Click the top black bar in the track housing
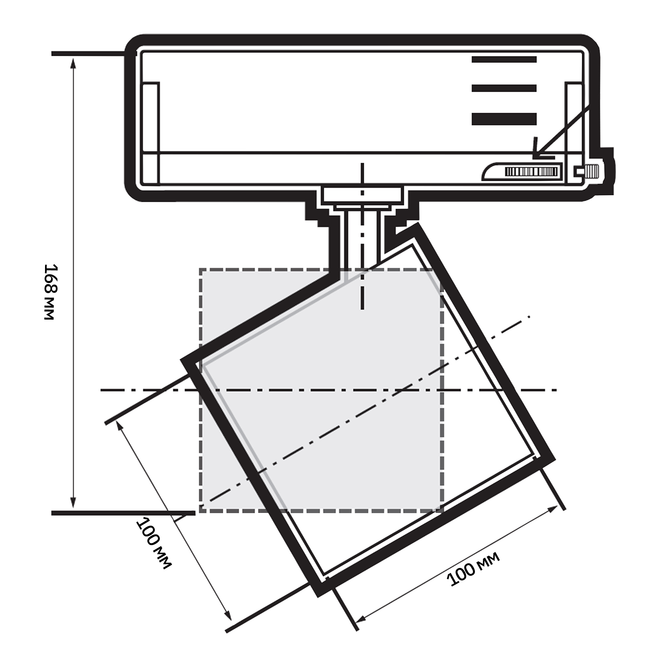point(504,59)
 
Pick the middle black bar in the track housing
point(504,88)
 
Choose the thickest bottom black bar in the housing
point(504,119)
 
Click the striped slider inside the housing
point(532,171)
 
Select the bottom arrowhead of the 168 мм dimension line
point(73,502)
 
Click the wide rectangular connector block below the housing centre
point(362,195)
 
